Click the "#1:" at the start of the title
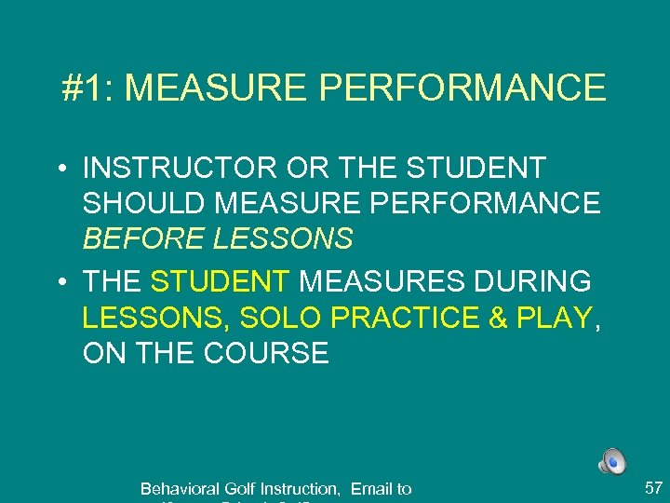tap(88, 88)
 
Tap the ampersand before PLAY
tap(498, 318)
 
